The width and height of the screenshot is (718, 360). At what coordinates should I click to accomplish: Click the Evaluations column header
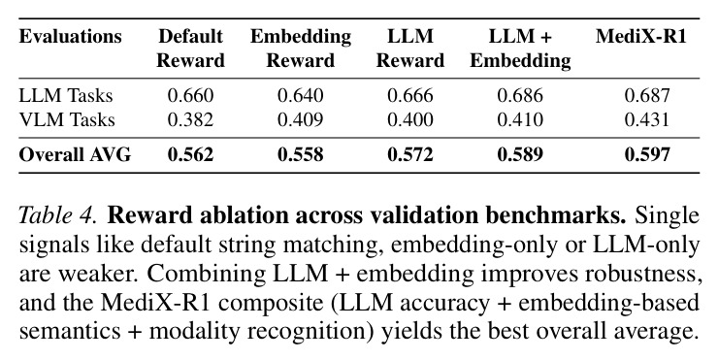71,36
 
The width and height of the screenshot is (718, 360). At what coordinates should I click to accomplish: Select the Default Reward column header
190,49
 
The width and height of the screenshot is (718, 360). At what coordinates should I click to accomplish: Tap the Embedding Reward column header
301,49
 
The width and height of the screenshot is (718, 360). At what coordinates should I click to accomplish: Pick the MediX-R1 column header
641,36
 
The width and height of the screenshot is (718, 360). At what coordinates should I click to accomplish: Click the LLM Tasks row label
65,96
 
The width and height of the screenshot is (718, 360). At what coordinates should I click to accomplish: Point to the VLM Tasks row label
67,119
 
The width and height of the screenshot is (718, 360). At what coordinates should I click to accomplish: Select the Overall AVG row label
75,155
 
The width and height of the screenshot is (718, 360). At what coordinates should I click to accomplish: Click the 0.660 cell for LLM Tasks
190,96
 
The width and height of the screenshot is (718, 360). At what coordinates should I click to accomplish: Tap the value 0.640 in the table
301,96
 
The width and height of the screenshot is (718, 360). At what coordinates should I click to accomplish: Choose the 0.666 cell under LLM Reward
410,96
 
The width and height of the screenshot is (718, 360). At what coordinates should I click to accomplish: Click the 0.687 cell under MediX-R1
647,96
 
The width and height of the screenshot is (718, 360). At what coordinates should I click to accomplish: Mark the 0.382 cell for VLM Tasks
190,119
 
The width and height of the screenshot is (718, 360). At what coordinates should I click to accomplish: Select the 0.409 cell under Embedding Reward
301,119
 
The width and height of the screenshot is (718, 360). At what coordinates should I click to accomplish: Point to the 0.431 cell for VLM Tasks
647,119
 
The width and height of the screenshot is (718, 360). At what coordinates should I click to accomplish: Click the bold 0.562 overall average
190,155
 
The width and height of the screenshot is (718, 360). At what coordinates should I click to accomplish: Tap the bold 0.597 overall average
647,155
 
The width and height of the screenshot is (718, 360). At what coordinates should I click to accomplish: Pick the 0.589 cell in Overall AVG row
520,155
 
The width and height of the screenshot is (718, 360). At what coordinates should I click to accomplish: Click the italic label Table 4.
57,215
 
